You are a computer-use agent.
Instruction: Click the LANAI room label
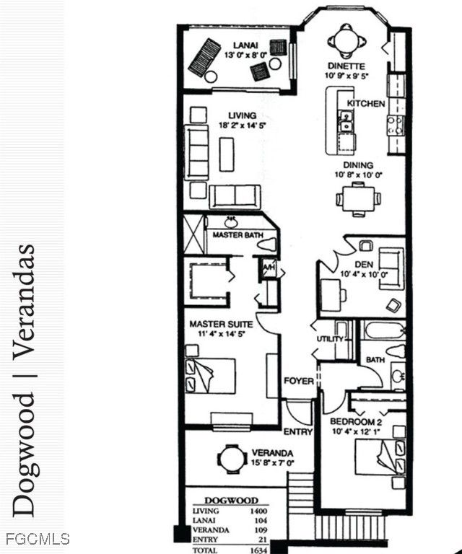pos(245,45)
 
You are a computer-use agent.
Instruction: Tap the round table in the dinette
pos(346,41)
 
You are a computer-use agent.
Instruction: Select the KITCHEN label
pos(366,104)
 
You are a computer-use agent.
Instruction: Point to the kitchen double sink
pos(346,121)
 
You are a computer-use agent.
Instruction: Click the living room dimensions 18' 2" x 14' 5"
pos(242,125)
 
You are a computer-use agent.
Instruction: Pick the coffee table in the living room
pos(227,154)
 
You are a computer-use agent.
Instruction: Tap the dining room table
pos(359,199)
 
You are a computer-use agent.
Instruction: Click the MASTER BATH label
pos(237,234)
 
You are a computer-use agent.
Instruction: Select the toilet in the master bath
pos(266,245)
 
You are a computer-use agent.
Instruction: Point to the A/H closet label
pos(269,268)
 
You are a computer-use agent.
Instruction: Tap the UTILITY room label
pos(330,339)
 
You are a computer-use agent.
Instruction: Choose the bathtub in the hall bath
pos(384,330)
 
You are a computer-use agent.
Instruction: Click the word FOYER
pos(299,381)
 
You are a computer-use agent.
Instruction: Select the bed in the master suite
pos(211,376)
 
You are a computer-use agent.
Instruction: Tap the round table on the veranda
pos(232,460)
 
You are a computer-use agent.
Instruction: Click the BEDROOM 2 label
pos(356,422)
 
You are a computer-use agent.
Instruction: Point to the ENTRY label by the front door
pos(298,432)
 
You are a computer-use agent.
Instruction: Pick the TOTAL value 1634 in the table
pos(258,550)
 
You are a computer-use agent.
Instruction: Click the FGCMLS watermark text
pos(38,539)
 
